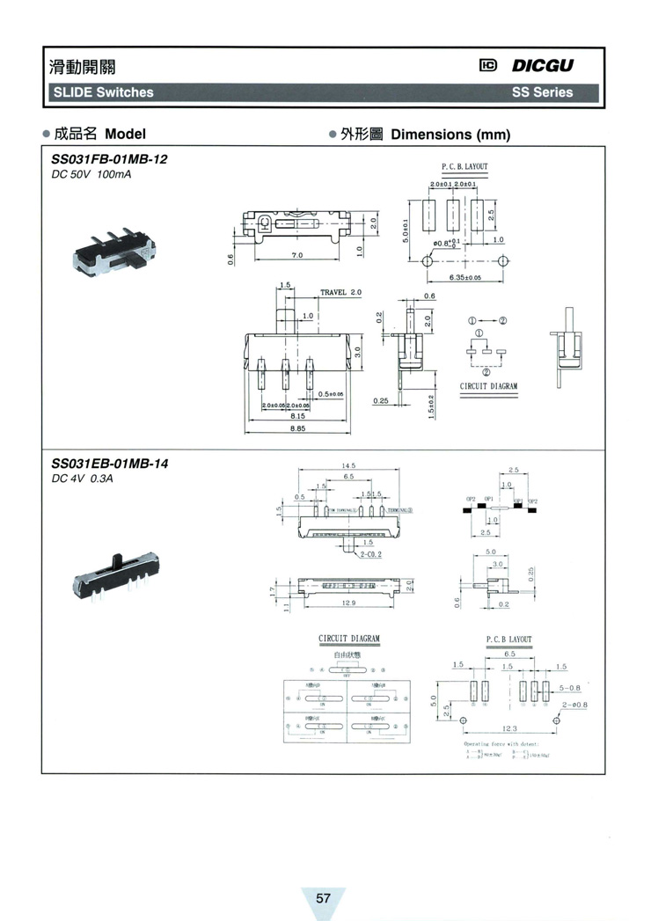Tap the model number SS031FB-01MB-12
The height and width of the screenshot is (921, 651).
(109, 160)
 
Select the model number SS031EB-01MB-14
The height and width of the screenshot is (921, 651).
(109, 464)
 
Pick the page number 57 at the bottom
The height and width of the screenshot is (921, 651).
(323, 897)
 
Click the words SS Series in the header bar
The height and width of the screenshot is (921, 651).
(542, 92)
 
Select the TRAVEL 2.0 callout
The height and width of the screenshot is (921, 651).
(340, 292)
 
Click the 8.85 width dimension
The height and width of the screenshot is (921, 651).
(298, 428)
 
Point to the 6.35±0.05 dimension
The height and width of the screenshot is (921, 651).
(465, 278)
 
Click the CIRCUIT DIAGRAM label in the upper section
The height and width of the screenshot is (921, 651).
(488, 386)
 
